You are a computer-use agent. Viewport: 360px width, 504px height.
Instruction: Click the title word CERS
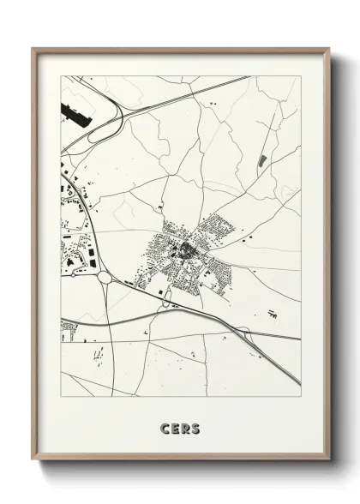(x=180, y=426)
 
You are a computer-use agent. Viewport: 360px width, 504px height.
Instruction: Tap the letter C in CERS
(x=165, y=426)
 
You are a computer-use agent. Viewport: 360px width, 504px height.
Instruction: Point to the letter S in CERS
(x=195, y=426)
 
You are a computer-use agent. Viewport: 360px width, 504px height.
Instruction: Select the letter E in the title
(x=175, y=426)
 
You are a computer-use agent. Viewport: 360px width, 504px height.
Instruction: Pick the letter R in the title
(x=185, y=426)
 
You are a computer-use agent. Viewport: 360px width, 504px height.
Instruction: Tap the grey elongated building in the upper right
(x=262, y=160)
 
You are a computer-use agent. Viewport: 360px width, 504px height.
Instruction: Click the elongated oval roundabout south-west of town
(x=167, y=297)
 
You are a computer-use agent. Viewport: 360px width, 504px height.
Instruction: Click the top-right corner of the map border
(x=301, y=76)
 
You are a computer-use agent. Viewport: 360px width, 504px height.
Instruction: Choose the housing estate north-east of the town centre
(x=218, y=230)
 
